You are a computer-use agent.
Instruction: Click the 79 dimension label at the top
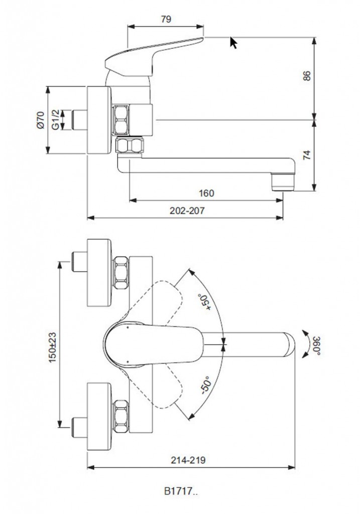point(166,19)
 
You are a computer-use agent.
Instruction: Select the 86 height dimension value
point(307,76)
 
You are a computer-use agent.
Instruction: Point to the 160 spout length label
point(206,193)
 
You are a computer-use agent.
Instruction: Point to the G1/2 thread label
point(56,120)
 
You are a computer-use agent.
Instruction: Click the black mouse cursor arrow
point(233,43)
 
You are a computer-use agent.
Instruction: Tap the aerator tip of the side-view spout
point(282,181)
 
